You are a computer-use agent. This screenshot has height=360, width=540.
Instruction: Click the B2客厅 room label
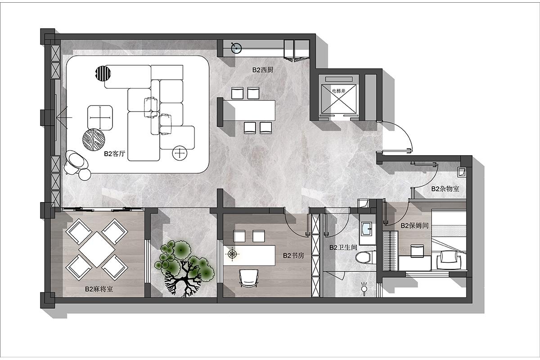point(114,154)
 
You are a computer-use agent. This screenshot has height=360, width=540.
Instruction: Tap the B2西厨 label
point(263,70)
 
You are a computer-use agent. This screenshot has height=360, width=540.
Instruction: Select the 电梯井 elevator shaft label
point(339,91)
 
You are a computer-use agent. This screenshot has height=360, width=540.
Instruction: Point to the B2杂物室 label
point(445,189)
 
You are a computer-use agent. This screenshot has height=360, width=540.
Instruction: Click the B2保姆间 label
point(414,225)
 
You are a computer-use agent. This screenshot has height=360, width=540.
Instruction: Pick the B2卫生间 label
point(343,247)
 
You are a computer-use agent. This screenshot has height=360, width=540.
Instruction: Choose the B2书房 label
point(293,256)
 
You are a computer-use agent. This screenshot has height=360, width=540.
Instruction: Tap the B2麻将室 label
point(99,289)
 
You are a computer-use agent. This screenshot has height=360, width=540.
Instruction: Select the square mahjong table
point(97,249)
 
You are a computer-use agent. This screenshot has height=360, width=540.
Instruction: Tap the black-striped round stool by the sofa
point(103,73)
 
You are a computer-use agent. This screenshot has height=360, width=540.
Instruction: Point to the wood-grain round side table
point(94,139)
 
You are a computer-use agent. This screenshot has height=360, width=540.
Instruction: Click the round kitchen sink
point(236,48)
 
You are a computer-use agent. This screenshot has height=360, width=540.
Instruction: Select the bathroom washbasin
point(367,228)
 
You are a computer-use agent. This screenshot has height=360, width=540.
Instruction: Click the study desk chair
point(248,278)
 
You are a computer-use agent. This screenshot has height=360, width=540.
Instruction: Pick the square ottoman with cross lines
point(100,118)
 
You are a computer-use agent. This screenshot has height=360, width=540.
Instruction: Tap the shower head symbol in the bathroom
point(364,288)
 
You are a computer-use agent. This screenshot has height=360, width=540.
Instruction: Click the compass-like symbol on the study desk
point(232,253)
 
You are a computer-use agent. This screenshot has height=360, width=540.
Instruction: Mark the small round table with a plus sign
point(180,153)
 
